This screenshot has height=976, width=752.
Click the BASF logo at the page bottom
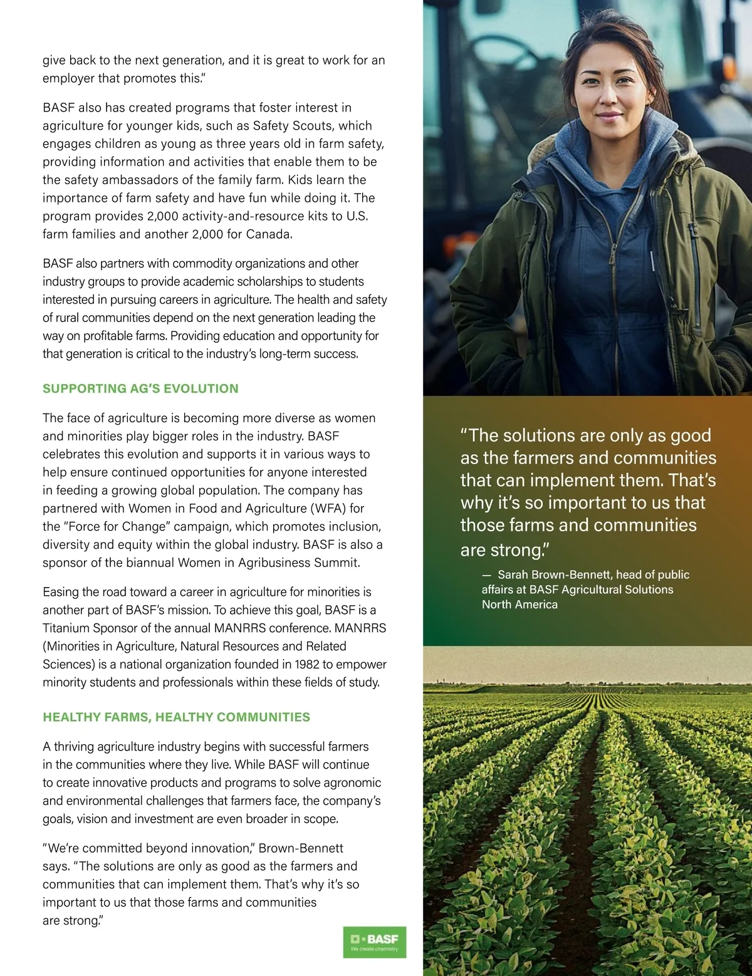pos(375,942)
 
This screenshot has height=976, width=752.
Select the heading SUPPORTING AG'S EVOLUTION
pos(140,388)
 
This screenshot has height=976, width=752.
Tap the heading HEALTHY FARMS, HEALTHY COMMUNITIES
pos(176,717)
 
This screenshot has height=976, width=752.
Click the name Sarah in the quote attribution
pos(513,574)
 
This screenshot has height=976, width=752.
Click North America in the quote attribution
pos(520,605)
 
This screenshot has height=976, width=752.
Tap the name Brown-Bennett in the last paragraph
pos(301,848)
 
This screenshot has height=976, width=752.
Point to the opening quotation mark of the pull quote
pos(464,434)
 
